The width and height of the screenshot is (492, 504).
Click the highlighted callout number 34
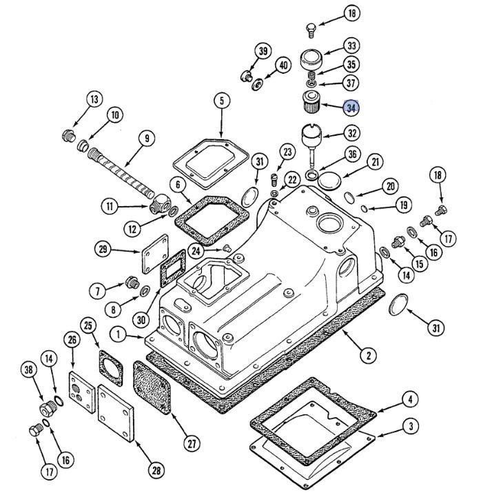[351, 108]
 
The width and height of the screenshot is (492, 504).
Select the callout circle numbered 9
[147, 138]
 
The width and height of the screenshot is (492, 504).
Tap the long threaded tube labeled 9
[121, 173]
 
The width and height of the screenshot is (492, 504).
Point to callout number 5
[222, 101]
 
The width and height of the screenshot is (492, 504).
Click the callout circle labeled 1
[119, 334]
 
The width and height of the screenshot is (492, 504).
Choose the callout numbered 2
[369, 355]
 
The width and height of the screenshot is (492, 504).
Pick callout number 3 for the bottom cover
[411, 426]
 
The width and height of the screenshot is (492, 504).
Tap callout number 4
[410, 400]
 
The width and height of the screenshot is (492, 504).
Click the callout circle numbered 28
[156, 471]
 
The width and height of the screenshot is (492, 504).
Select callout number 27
[192, 444]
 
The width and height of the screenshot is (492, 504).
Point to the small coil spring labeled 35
[311, 76]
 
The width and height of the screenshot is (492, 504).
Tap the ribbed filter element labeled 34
[311, 102]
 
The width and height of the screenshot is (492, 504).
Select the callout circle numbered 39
[263, 51]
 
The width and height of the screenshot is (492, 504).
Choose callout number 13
[94, 99]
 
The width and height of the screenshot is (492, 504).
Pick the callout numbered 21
[376, 162]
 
